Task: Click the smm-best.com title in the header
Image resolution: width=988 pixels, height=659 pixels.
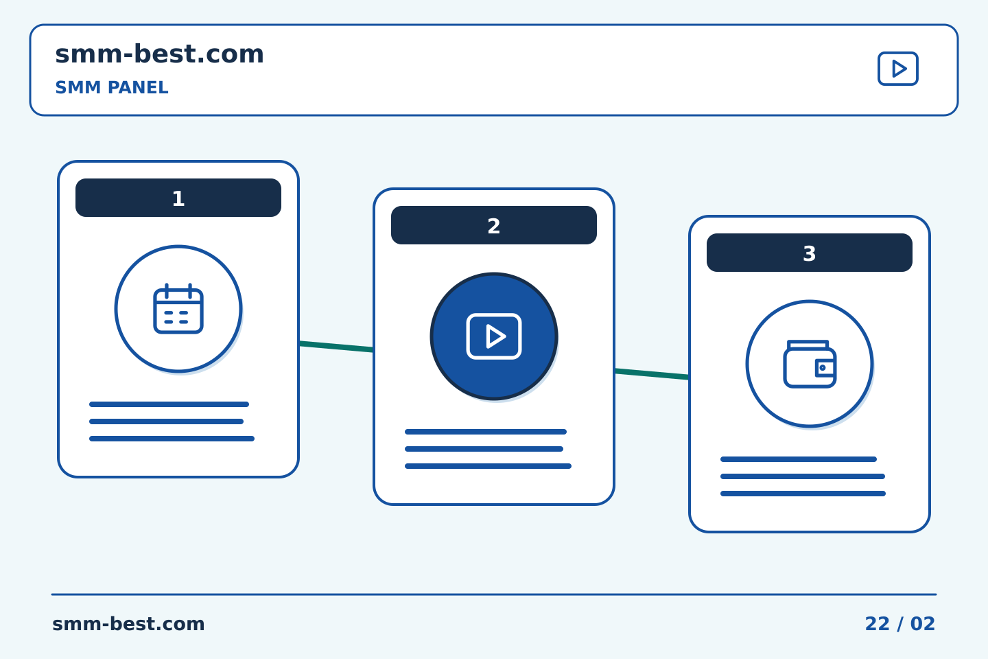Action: pyautogui.click(x=159, y=54)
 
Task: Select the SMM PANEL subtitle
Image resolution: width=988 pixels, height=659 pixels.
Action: pyautogui.click(x=112, y=87)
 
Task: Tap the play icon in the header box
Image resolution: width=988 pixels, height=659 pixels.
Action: pyautogui.click(x=897, y=69)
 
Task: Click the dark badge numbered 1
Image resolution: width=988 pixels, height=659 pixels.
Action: pyautogui.click(x=178, y=198)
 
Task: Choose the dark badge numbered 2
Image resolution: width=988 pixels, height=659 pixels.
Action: pyautogui.click(x=493, y=225)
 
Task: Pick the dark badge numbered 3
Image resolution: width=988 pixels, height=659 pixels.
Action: pyautogui.click(x=810, y=253)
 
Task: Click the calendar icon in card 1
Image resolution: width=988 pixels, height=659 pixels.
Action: pyautogui.click(x=178, y=308)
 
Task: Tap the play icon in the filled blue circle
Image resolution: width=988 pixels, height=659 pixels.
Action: pyautogui.click(x=493, y=336)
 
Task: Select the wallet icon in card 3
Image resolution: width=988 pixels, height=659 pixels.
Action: pyautogui.click(x=810, y=364)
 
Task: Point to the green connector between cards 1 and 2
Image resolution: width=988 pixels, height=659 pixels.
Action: pyautogui.click(x=336, y=347)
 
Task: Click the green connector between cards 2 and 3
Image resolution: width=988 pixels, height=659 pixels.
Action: pyautogui.click(x=652, y=374)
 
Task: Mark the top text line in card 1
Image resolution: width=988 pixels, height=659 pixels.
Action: pyautogui.click(x=169, y=404)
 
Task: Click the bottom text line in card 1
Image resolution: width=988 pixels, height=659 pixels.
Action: pyautogui.click(x=172, y=439)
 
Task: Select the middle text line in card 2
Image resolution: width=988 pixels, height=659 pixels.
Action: pyautogui.click(x=484, y=449)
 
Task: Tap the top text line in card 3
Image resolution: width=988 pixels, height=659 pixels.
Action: pyautogui.click(x=799, y=459)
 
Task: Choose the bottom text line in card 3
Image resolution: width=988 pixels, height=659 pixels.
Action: pyautogui.click(x=803, y=494)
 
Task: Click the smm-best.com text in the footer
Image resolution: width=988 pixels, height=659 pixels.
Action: pyautogui.click(x=128, y=624)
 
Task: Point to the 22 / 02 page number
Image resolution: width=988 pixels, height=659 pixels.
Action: pyautogui.click(x=899, y=624)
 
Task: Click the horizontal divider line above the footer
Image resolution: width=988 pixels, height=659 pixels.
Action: pyautogui.click(x=494, y=594)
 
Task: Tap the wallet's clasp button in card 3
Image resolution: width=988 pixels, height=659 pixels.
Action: pyautogui.click(x=822, y=368)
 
